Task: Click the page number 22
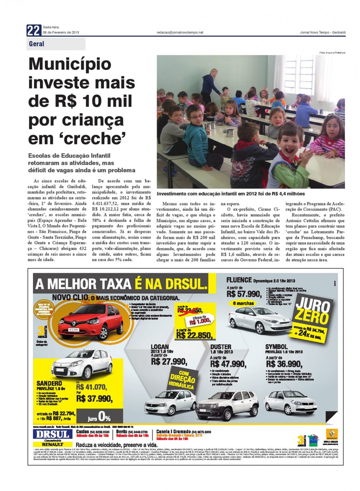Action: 33,31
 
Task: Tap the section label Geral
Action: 37,44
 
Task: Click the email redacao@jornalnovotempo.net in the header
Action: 180,33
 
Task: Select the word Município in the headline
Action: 70,64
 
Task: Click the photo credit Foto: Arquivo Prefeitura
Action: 332,52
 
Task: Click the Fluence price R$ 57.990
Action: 244,294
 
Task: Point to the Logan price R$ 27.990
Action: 169,361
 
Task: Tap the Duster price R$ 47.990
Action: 228,364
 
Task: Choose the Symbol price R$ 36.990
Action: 284,364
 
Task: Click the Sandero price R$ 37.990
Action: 94,398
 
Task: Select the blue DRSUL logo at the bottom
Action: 52,434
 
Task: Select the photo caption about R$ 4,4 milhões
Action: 231,194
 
